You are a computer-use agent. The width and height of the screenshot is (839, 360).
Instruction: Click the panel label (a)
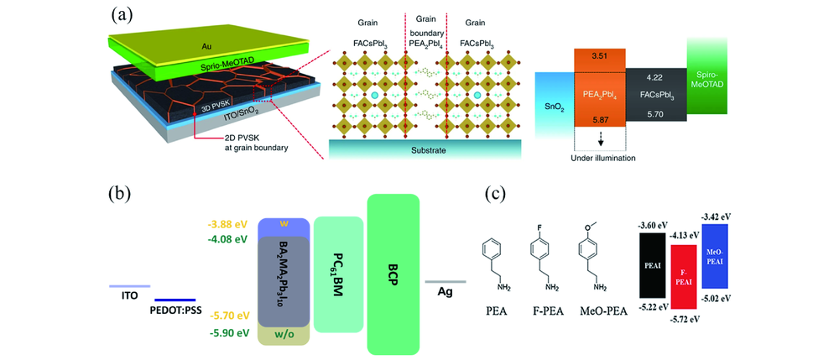(120, 14)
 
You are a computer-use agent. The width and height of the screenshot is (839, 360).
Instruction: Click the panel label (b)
(120, 196)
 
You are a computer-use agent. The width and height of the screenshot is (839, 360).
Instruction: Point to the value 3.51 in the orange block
(598, 58)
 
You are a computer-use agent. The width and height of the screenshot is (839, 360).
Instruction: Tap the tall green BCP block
(393, 273)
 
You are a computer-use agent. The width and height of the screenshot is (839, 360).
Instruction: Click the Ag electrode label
(446, 294)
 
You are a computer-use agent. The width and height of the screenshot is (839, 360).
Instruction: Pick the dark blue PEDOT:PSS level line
(175, 299)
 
